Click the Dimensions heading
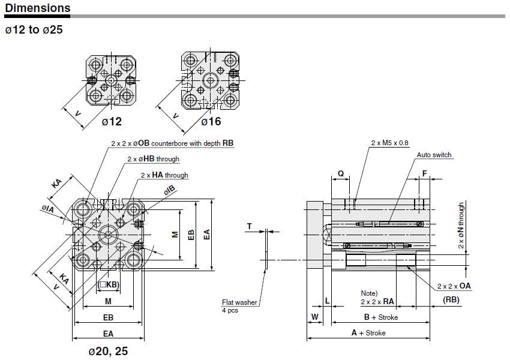click(38, 8)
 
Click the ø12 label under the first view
click(112, 122)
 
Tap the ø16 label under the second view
click(211, 122)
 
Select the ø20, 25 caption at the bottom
click(109, 351)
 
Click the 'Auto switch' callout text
click(434, 155)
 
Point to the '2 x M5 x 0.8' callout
click(389, 143)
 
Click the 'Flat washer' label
click(239, 302)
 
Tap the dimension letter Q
click(341, 173)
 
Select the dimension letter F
click(424, 173)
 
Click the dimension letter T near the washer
click(250, 226)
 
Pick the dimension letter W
click(315, 317)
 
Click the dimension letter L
click(328, 301)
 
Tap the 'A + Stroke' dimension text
click(368, 332)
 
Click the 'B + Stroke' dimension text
click(381, 317)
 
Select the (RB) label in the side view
click(451, 299)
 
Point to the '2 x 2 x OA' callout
click(454, 286)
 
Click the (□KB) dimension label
click(109, 285)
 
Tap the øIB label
click(169, 190)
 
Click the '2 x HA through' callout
click(164, 175)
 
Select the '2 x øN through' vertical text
click(461, 226)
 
